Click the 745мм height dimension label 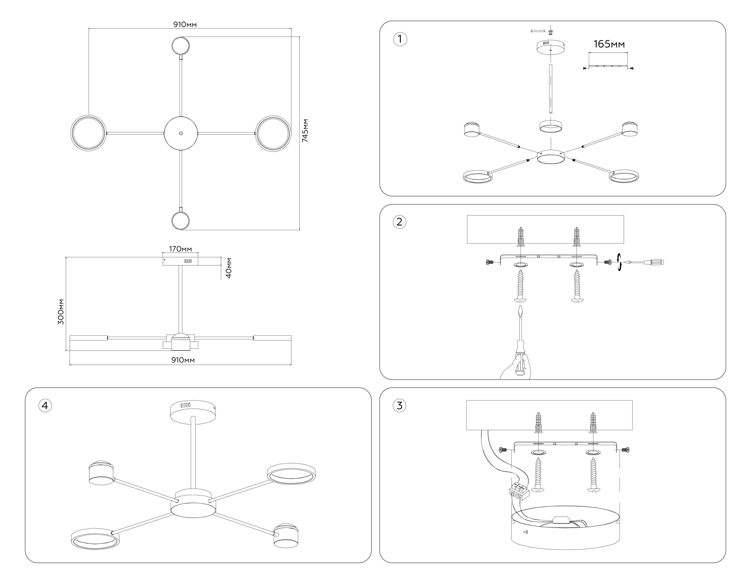click(305, 131)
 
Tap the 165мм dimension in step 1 click(609, 44)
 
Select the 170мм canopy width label click(180, 249)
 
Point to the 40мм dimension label click(229, 268)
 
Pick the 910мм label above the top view click(185, 24)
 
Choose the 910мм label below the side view click(183, 360)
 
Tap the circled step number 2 click(399, 222)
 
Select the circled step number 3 click(399, 406)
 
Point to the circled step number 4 click(45, 406)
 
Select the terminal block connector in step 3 click(519, 491)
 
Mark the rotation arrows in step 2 click(619, 262)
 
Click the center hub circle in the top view click(181, 133)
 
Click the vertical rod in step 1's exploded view click(551, 89)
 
